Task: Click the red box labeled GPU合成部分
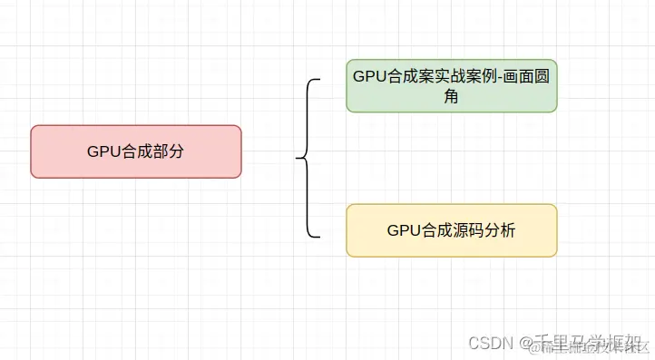[x=136, y=151]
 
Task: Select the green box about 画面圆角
[x=451, y=86]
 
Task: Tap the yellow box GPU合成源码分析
[x=451, y=230]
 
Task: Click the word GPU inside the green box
[x=368, y=75]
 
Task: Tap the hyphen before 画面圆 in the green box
[x=498, y=75]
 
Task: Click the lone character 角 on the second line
[x=451, y=97]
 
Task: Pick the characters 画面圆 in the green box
[x=525, y=75]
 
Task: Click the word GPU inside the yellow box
[x=403, y=230]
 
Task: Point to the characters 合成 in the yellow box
[x=435, y=230]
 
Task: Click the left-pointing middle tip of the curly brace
[x=297, y=159]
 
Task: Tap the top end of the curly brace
[x=320, y=80]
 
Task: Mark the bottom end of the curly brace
[x=320, y=237]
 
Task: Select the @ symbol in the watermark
[x=524, y=342]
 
